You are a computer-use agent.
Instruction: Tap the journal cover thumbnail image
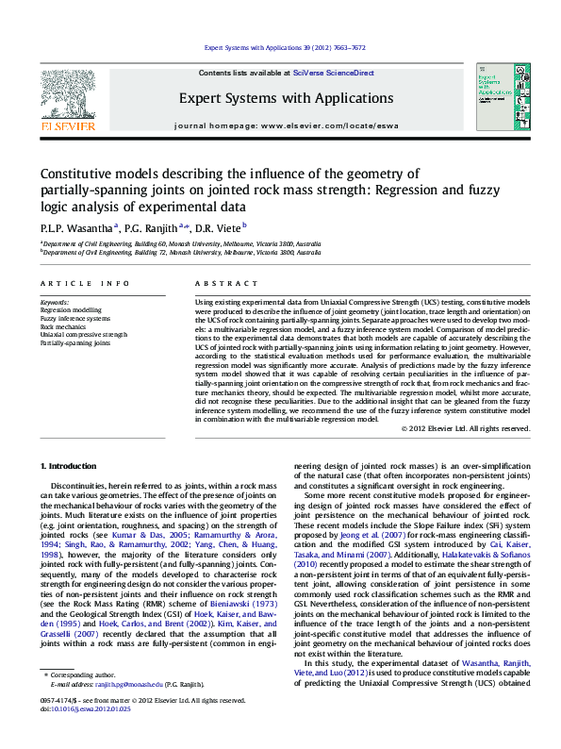pyautogui.click(x=496, y=98)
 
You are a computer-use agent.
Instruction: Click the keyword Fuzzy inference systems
pyautogui.click(x=74, y=318)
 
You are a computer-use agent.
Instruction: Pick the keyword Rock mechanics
pyautogui.click(x=62, y=326)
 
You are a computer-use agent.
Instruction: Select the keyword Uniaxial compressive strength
pyautogui.click(x=83, y=335)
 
